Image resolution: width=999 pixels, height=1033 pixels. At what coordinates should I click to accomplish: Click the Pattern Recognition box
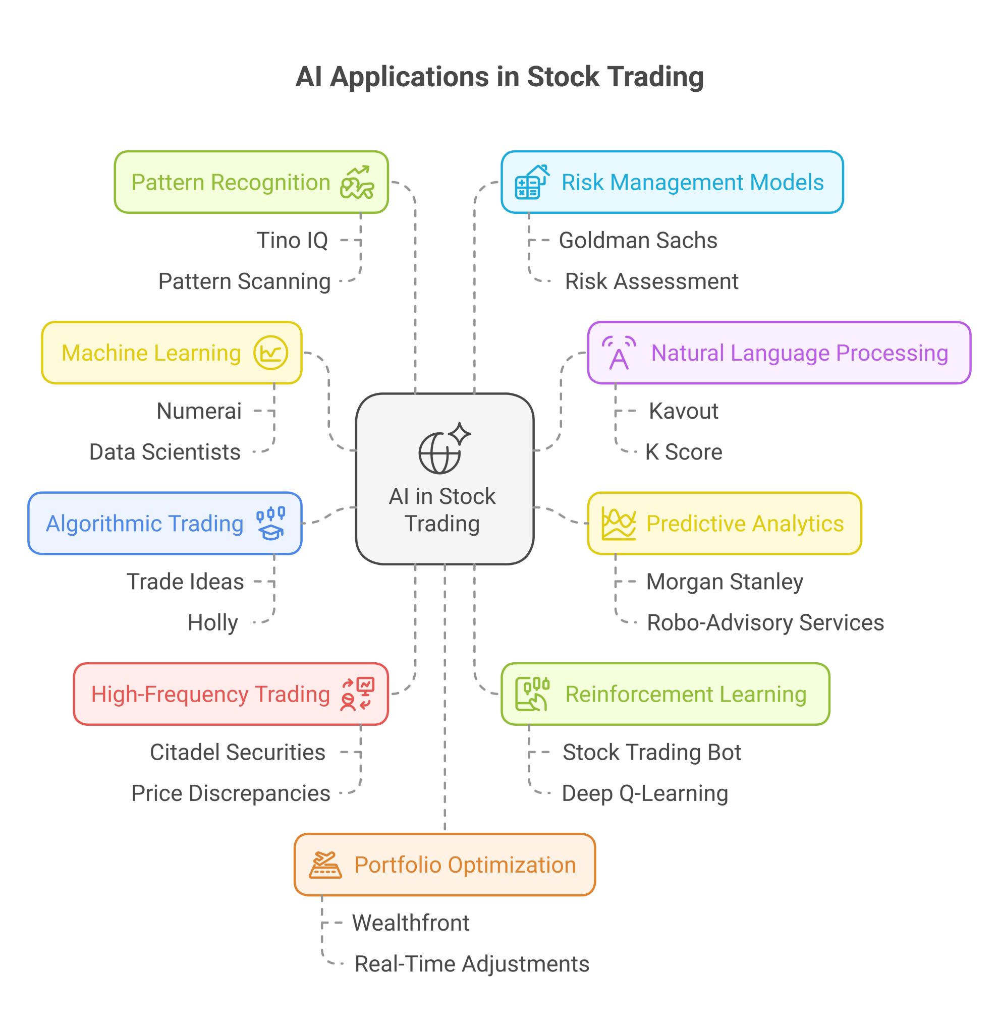pyautogui.click(x=251, y=183)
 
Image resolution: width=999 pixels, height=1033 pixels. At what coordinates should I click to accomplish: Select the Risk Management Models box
pyautogui.click(x=672, y=183)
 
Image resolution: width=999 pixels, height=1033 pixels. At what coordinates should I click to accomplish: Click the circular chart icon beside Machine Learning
pyautogui.click(x=270, y=353)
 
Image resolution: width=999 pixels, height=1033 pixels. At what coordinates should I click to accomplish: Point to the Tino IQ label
pyautogui.click(x=292, y=240)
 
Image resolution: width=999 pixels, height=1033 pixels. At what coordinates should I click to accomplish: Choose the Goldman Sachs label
pyautogui.click(x=637, y=240)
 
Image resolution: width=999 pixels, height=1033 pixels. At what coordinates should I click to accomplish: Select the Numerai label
pyautogui.click(x=199, y=411)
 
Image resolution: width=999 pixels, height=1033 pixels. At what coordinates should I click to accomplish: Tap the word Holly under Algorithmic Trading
pyautogui.click(x=213, y=622)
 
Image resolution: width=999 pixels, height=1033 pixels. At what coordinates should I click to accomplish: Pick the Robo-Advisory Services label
pyautogui.click(x=765, y=622)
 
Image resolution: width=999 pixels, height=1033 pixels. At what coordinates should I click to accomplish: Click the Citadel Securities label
pyautogui.click(x=237, y=752)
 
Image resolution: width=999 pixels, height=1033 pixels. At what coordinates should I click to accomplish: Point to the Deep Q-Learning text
pyautogui.click(x=644, y=793)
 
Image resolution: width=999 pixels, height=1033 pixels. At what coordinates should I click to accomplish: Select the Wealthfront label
pyautogui.click(x=410, y=923)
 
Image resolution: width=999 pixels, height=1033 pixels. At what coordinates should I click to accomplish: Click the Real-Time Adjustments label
pyautogui.click(x=471, y=964)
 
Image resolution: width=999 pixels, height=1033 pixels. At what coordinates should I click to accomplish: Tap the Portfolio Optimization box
pyautogui.click(x=445, y=865)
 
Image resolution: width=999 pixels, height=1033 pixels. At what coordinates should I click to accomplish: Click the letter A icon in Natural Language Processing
pyautogui.click(x=619, y=354)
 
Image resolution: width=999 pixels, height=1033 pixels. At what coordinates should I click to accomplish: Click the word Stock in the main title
pyautogui.click(x=563, y=77)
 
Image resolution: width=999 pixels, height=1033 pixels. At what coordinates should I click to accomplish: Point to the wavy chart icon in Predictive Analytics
pyautogui.click(x=619, y=524)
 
